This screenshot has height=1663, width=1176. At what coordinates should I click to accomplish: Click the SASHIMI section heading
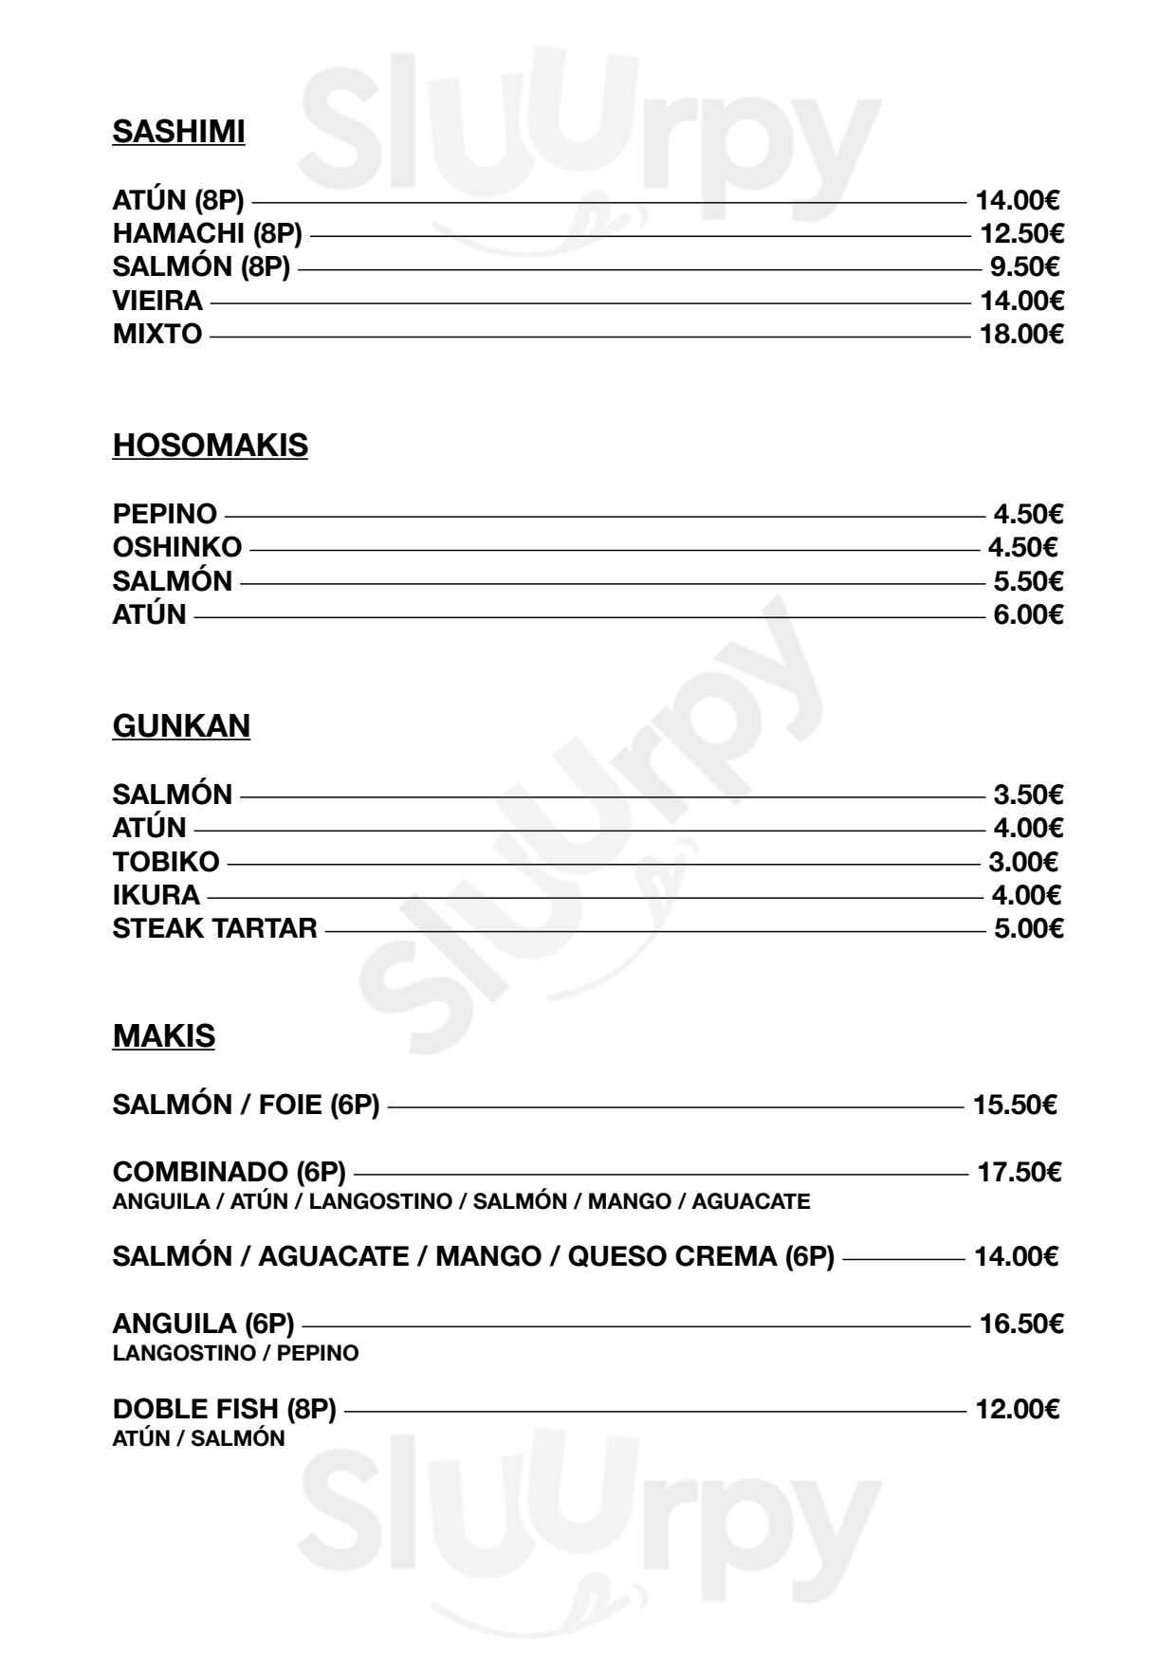(178, 132)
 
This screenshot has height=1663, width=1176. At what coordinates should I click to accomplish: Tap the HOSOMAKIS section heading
(210, 445)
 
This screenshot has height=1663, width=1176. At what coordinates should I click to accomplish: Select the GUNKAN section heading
(181, 725)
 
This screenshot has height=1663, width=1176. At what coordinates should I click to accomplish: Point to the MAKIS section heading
(163, 1035)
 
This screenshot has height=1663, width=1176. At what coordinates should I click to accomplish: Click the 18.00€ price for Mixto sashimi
(1020, 334)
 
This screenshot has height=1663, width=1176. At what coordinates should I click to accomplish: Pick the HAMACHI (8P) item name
(207, 233)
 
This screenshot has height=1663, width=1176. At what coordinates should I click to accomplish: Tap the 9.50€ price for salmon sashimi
(1024, 266)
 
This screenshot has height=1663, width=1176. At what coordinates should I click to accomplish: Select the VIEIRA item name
(157, 301)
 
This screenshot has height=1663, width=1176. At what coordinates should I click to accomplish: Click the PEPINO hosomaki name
(164, 514)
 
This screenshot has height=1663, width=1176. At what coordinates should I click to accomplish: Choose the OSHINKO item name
(177, 547)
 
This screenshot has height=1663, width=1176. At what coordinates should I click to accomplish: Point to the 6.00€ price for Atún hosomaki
(1028, 614)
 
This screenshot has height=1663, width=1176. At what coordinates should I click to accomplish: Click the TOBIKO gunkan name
(166, 862)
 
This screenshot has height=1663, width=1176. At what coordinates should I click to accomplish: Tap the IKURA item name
(156, 895)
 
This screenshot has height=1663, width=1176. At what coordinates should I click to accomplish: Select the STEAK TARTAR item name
(214, 928)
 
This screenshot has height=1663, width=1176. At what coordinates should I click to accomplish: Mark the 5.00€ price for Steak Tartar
(1028, 928)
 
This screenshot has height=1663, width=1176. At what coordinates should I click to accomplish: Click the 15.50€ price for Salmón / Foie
(1015, 1105)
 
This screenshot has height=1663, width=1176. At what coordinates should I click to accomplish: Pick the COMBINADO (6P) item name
(229, 1172)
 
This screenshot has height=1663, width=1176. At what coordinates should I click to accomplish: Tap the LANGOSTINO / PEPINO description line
(235, 1353)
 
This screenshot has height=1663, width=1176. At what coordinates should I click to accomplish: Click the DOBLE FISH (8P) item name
(224, 1410)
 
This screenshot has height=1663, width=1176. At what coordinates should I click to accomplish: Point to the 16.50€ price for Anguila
(1020, 1324)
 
